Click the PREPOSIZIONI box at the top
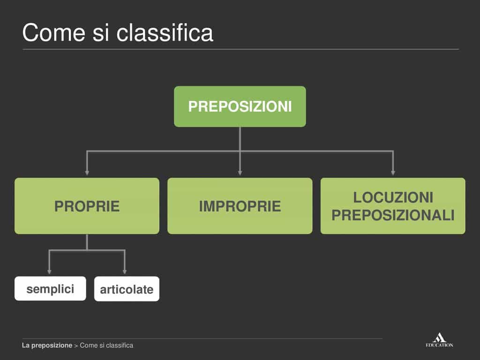coord(240,106)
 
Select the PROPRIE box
coord(87,206)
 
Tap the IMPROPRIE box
coord(240,206)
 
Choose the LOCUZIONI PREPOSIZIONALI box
coord(393,206)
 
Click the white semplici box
coord(50,289)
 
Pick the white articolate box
coord(127,289)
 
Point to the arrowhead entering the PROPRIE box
coord(87,173)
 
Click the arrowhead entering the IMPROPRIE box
coord(240,173)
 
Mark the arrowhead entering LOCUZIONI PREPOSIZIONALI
coord(393,173)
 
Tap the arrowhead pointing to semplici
coord(49,272)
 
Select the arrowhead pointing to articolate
coord(125,272)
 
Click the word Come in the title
coord(53,33)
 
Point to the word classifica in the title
coord(165,32)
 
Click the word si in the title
coord(100,33)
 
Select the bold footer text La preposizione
coord(47,345)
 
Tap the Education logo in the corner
coord(439,340)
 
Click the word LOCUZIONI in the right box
coord(393,197)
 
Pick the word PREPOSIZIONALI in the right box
coord(393,215)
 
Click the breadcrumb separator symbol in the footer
coord(76,345)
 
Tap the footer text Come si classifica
coord(106,345)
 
